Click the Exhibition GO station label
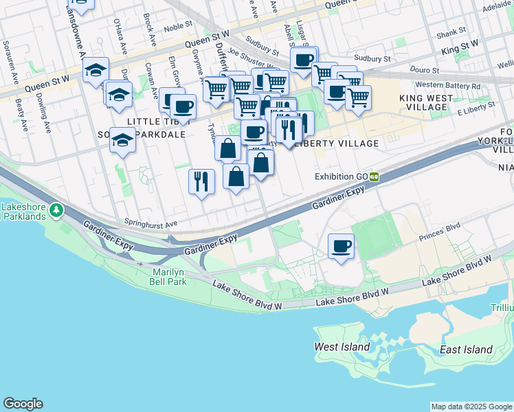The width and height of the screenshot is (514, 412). (342, 176)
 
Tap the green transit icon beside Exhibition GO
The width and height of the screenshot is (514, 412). (375, 176)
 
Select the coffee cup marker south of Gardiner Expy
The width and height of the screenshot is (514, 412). (341, 246)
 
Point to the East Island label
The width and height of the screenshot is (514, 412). (466, 350)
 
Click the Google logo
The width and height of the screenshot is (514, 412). (23, 404)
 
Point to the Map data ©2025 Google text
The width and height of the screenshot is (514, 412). (471, 407)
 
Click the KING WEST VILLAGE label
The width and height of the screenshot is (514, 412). (426, 103)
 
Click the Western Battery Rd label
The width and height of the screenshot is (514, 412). (448, 85)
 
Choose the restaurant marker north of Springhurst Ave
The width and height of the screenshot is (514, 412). (201, 181)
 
